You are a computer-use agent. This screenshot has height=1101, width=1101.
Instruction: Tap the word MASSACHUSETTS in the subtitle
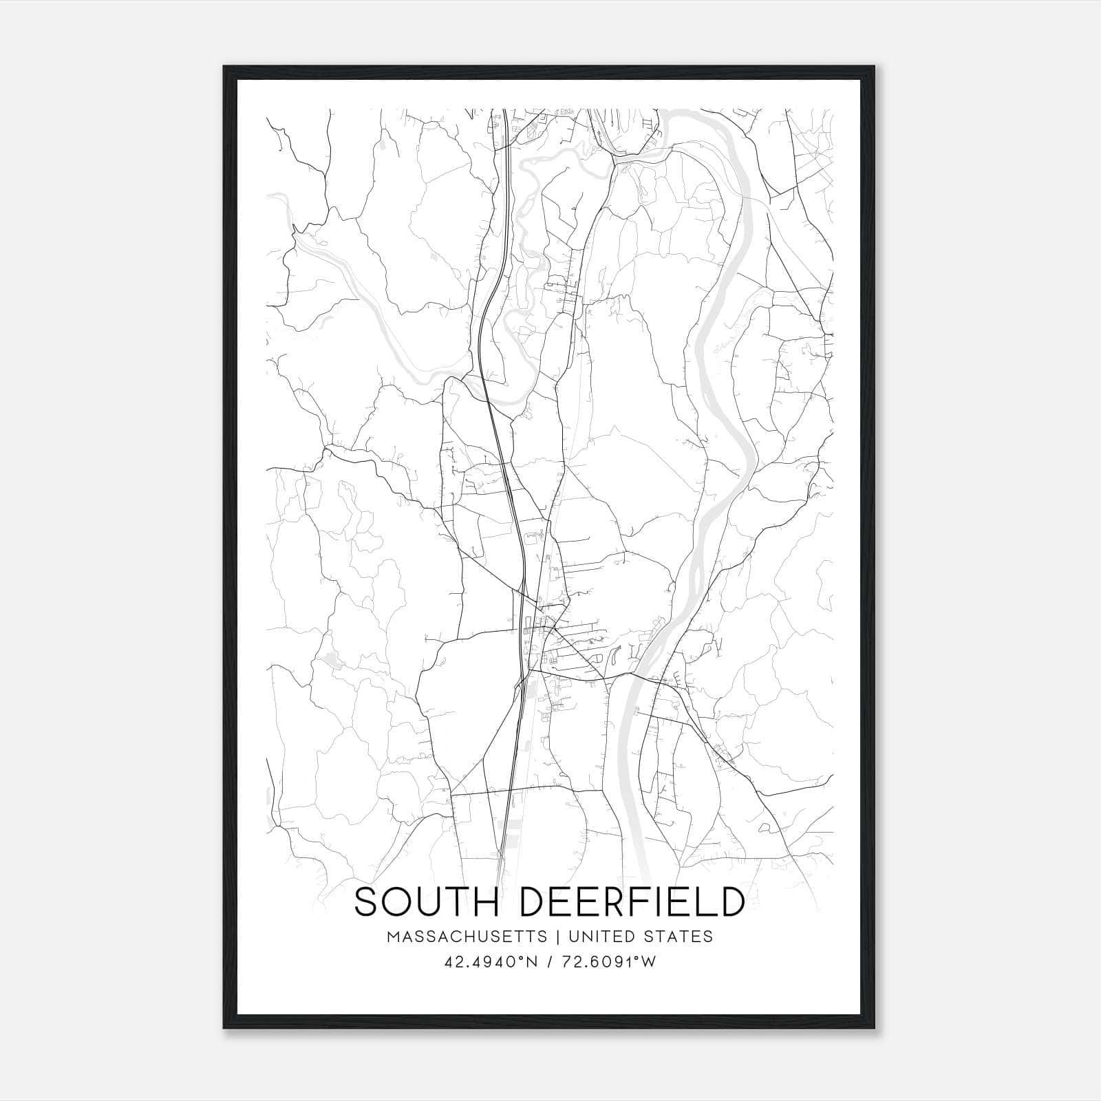tap(467, 937)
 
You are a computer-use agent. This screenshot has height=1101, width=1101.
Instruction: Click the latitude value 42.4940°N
tap(490, 962)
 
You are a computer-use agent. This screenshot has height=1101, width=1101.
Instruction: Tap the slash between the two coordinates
tap(548, 962)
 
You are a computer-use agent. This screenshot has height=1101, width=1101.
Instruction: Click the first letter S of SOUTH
tap(369, 902)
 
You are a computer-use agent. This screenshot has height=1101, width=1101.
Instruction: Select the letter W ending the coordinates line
tap(649, 962)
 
